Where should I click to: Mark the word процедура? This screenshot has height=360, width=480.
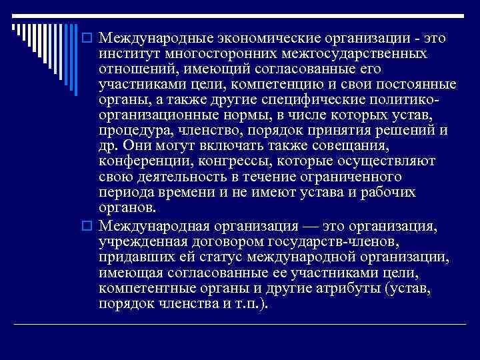coord(128,131)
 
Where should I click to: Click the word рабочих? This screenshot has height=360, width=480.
coord(393,193)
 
